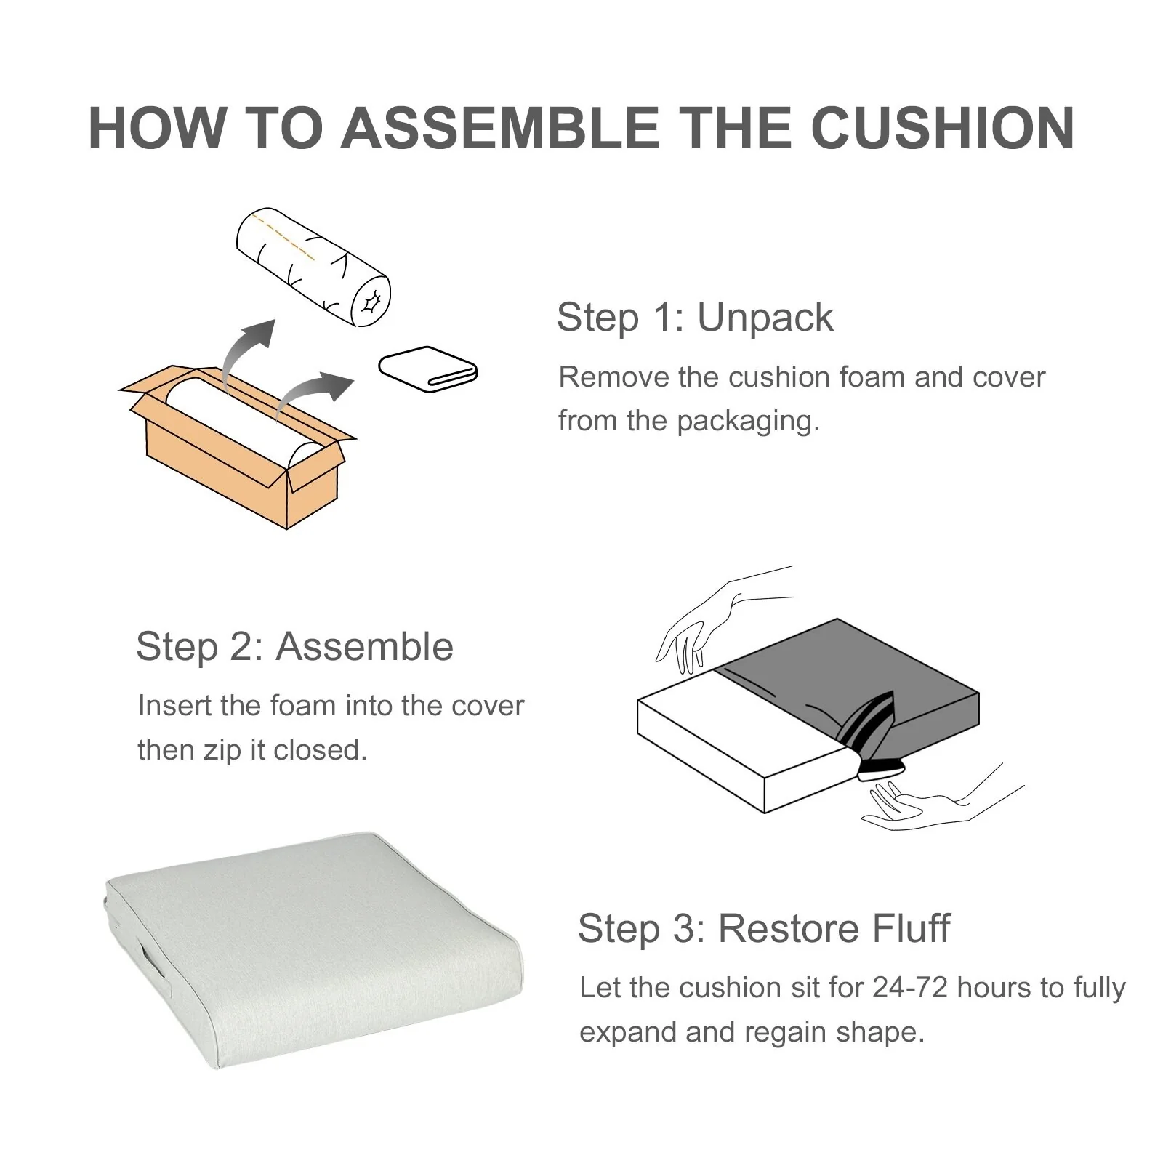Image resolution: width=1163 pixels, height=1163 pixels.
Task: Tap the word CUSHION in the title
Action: pos(942,128)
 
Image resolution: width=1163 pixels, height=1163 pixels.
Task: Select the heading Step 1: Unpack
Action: pos(695,318)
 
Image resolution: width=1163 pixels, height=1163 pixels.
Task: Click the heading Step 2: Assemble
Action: pos(294,646)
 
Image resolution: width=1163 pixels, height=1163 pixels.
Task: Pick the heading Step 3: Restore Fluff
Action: pos(764,928)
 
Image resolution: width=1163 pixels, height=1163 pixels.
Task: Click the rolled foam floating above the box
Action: pos(313,267)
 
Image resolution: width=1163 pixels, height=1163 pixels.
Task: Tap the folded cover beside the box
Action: pos(427,369)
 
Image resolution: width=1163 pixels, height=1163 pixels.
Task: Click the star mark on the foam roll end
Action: pos(371,299)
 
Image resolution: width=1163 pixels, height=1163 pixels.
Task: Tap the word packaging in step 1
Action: pos(748,422)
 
